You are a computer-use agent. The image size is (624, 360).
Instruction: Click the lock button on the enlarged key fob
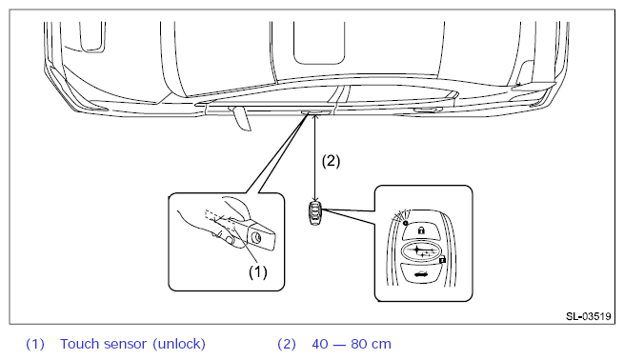[x=421, y=230]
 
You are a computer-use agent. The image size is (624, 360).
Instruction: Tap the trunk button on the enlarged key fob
[x=421, y=273]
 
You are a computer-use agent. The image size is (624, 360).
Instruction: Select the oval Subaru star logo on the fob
[x=421, y=251]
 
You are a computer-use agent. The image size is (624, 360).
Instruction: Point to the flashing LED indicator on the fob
[x=405, y=223]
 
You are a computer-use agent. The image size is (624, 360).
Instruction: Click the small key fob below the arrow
[x=315, y=213]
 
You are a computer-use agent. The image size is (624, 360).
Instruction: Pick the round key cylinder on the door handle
[x=257, y=238]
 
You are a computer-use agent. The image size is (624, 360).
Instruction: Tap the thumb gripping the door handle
[x=228, y=239]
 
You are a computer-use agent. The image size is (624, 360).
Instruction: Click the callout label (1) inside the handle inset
[x=257, y=272]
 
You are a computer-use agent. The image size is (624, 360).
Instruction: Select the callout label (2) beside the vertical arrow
[x=331, y=161]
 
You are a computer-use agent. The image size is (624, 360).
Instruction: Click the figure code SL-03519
[x=588, y=316]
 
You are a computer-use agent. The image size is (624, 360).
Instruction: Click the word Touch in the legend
[x=79, y=344]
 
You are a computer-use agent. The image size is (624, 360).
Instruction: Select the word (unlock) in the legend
[x=179, y=344]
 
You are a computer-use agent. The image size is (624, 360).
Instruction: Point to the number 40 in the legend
[x=319, y=344]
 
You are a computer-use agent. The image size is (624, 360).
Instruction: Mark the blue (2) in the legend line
[x=287, y=344]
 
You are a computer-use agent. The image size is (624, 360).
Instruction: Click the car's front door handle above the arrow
[x=316, y=112]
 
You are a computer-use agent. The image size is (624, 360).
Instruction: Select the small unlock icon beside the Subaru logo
[x=442, y=260]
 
